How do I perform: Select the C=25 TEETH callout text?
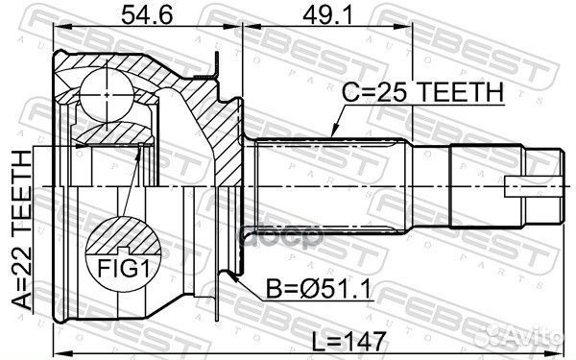(x=422, y=92)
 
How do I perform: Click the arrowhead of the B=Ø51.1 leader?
(x=234, y=275)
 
